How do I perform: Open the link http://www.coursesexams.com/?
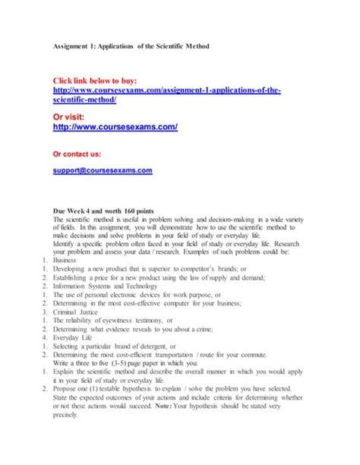tap(115, 127)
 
